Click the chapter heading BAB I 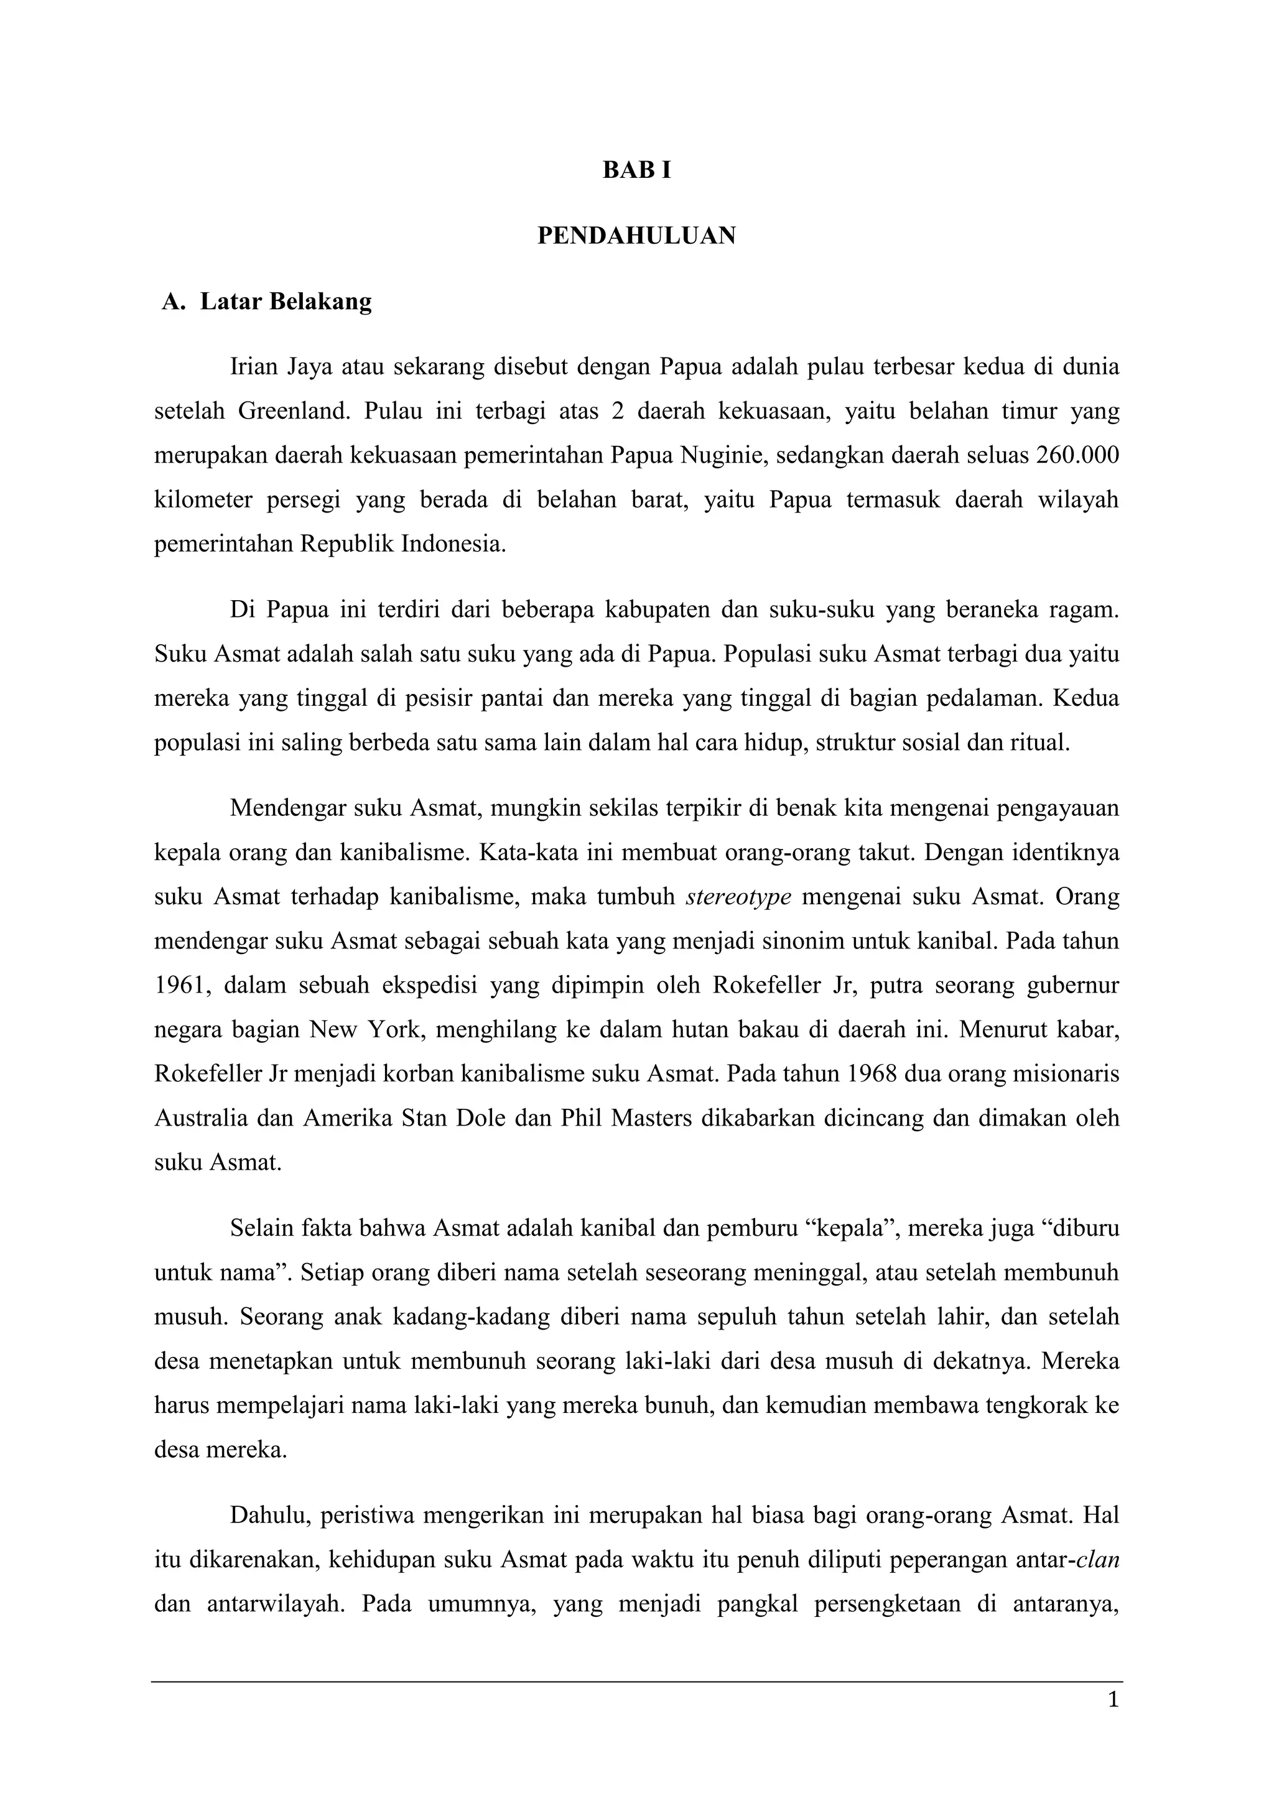(636, 170)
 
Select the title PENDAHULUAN (636, 235)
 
